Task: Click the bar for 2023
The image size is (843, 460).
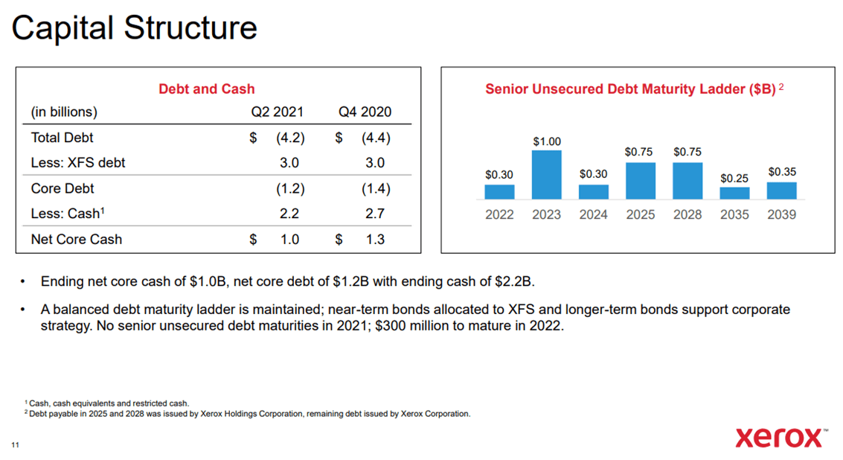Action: (x=546, y=175)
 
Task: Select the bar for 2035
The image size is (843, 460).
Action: (x=734, y=193)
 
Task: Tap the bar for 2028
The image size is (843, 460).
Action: (x=687, y=181)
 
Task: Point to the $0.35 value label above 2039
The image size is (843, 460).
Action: (x=782, y=171)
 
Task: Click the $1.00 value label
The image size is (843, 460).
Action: (x=547, y=141)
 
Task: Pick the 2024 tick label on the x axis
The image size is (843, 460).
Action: (x=593, y=214)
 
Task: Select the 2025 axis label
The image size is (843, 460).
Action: (x=641, y=214)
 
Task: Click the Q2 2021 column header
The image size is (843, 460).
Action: (x=277, y=112)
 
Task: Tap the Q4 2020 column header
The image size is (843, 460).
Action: (x=365, y=112)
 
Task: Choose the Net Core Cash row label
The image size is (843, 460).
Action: (x=77, y=239)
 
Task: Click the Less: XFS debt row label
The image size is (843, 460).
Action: (x=78, y=163)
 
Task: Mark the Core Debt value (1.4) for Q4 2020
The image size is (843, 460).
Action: (x=375, y=188)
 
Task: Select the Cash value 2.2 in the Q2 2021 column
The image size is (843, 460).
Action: (x=289, y=214)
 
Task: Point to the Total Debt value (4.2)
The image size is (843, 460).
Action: (x=289, y=138)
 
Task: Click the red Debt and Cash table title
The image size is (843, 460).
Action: (x=207, y=89)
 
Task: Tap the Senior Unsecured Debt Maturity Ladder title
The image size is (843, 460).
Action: (x=630, y=89)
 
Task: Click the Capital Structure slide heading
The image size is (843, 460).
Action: (x=134, y=28)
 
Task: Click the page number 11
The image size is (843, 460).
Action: (x=15, y=445)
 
